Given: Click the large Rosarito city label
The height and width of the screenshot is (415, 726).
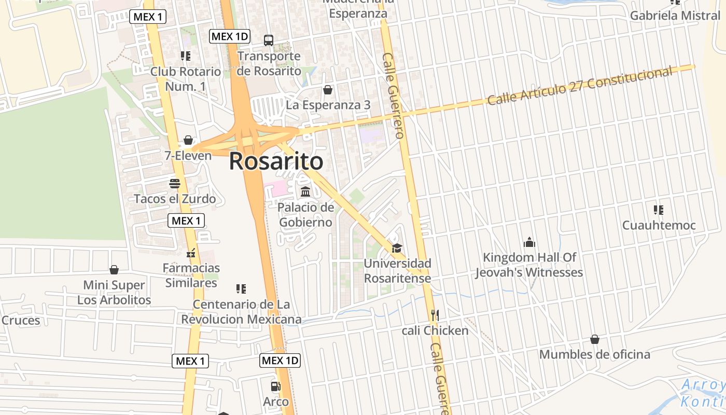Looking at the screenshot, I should pyautogui.click(x=276, y=161).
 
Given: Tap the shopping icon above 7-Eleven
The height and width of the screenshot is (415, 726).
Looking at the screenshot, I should pyautogui.click(x=188, y=140).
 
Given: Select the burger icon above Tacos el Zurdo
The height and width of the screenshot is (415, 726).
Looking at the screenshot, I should pyautogui.click(x=174, y=183).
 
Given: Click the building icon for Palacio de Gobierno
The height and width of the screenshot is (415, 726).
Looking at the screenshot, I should pyautogui.click(x=305, y=191).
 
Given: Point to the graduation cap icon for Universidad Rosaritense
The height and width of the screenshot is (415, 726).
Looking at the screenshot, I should pyautogui.click(x=397, y=248).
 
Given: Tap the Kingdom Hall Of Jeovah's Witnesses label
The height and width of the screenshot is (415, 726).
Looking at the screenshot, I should pyautogui.click(x=529, y=265).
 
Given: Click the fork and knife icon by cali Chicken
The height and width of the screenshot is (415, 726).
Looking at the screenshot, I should pyautogui.click(x=435, y=315).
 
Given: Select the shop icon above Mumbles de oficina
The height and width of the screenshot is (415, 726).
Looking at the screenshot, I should pyautogui.click(x=595, y=339).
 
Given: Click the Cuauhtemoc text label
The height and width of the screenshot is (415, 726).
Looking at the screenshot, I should pyautogui.click(x=659, y=226).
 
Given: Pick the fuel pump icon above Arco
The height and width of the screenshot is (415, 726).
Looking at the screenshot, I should pyautogui.click(x=275, y=386).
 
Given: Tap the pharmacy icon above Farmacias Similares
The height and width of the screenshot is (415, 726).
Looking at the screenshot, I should pyautogui.click(x=191, y=253).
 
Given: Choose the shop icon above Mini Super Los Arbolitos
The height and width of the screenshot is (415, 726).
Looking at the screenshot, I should pyautogui.click(x=114, y=270).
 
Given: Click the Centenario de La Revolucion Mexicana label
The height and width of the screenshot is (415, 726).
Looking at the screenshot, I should pyautogui.click(x=241, y=312).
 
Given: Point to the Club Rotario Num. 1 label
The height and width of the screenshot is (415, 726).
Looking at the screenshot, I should pyautogui.click(x=185, y=79).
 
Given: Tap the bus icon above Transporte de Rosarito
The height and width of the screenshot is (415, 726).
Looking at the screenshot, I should pyautogui.click(x=269, y=40).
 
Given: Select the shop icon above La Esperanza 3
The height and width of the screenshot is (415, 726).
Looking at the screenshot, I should pyautogui.click(x=328, y=90).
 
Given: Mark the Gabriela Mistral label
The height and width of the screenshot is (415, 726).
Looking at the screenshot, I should pyautogui.click(x=675, y=16).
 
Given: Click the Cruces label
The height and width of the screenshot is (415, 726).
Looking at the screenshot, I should pyautogui.click(x=21, y=321).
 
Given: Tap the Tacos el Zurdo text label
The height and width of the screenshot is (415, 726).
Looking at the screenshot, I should pyautogui.click(x=175, y=199).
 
